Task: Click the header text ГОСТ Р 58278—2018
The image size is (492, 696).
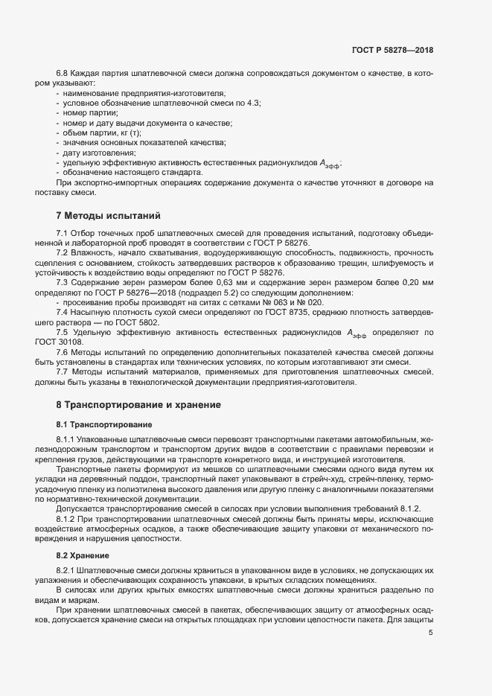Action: coord(392,50)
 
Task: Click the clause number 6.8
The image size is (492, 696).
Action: coord(63,73)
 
